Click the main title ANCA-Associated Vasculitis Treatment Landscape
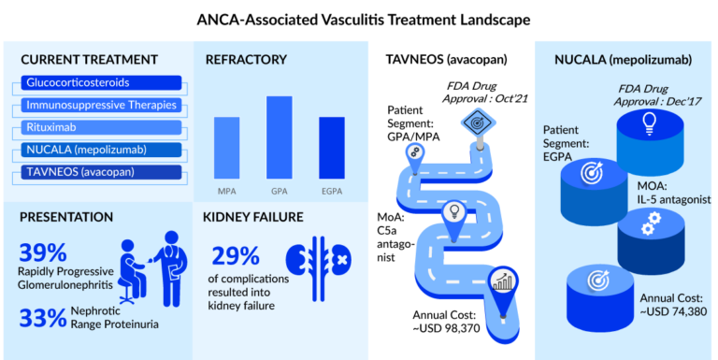pyautogui.click(x=359, y=18)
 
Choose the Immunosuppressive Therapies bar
pyautogui.click(x=97, y=105)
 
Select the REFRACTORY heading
pyautogui.click(x=246, y=60)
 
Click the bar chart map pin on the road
pyautogui.click(x=503, y=281)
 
